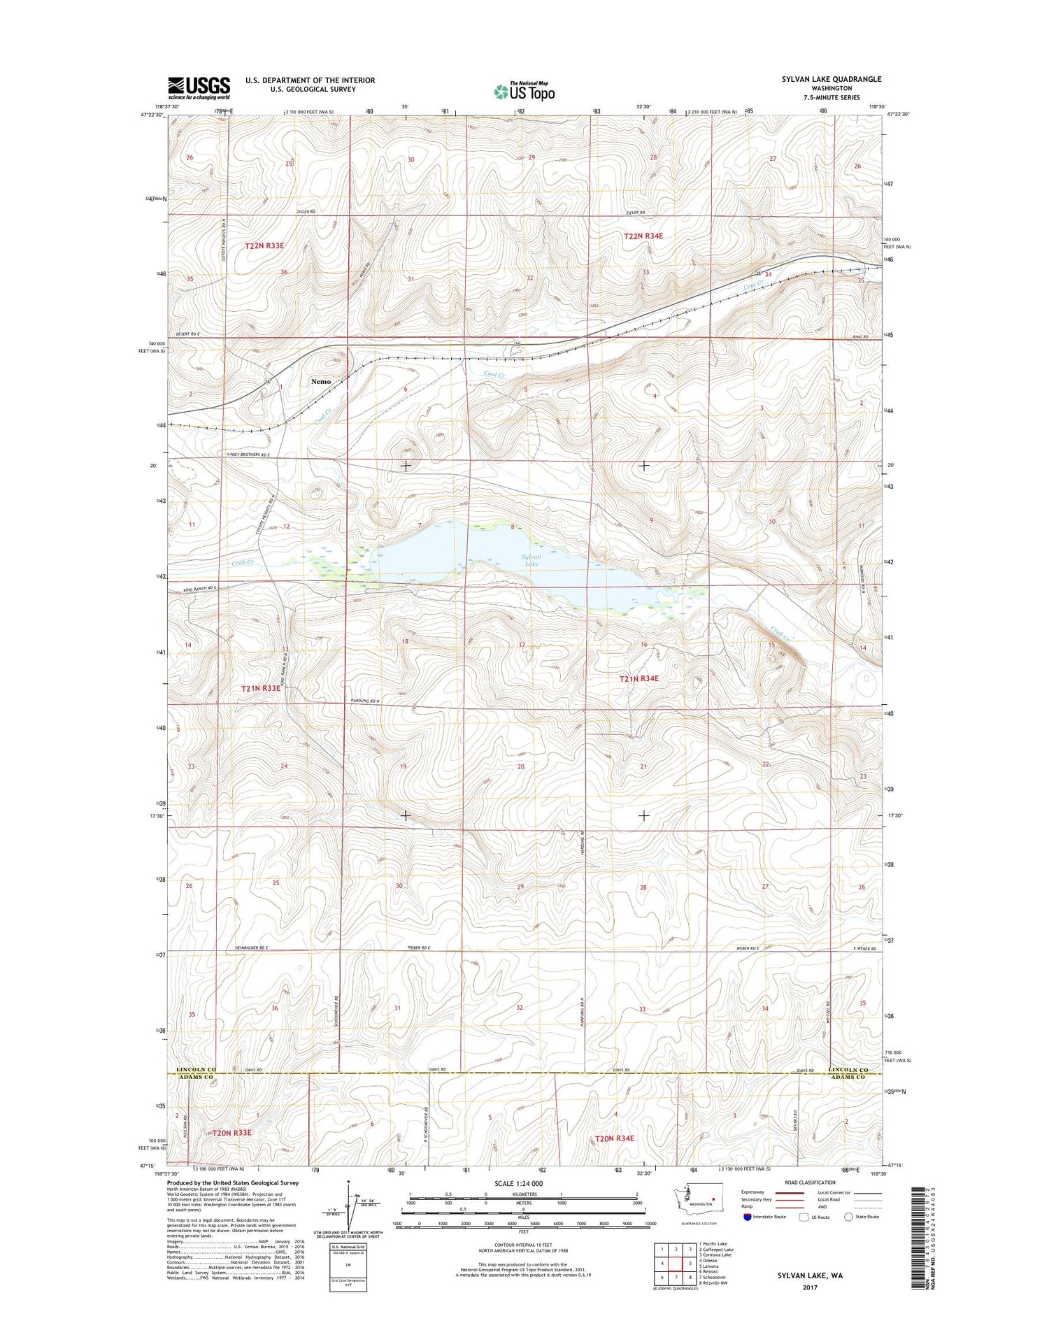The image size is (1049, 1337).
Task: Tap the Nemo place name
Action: (320, 381)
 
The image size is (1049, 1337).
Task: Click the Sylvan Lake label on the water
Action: (531, 559)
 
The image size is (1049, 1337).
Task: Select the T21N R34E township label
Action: (638, 678)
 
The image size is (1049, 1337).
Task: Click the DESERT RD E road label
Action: (185, 334)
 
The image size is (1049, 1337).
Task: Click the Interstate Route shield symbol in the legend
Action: (748, 1217)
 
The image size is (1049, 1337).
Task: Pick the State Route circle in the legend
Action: (849, 1217)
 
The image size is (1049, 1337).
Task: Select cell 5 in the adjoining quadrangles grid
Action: (690, 1263)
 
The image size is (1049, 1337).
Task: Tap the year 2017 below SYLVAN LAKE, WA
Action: (810, 1287)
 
